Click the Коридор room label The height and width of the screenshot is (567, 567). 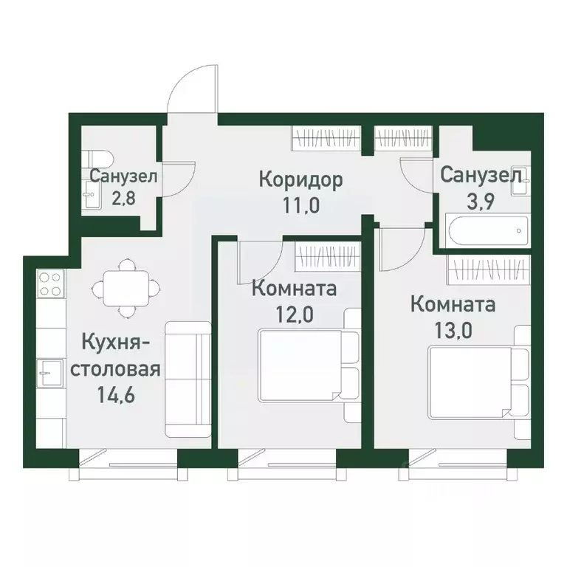click(291, 179)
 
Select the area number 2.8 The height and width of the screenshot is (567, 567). click(123, 199)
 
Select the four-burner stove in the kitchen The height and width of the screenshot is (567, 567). click(50, 284)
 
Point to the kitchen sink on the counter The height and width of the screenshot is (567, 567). click(50, 374)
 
